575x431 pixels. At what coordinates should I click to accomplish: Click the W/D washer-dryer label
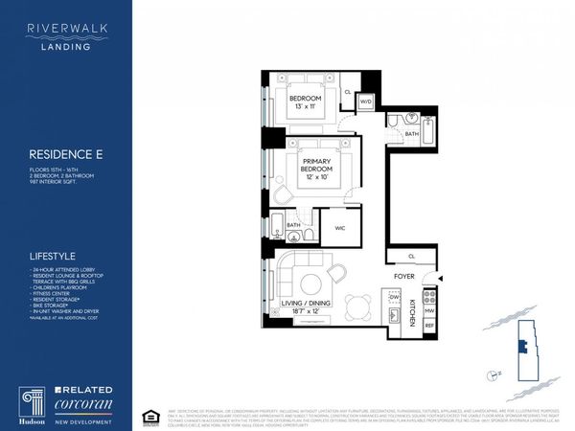365,102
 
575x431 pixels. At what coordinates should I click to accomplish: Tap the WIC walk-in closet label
339,228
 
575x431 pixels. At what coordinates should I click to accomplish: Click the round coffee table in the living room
310,284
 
